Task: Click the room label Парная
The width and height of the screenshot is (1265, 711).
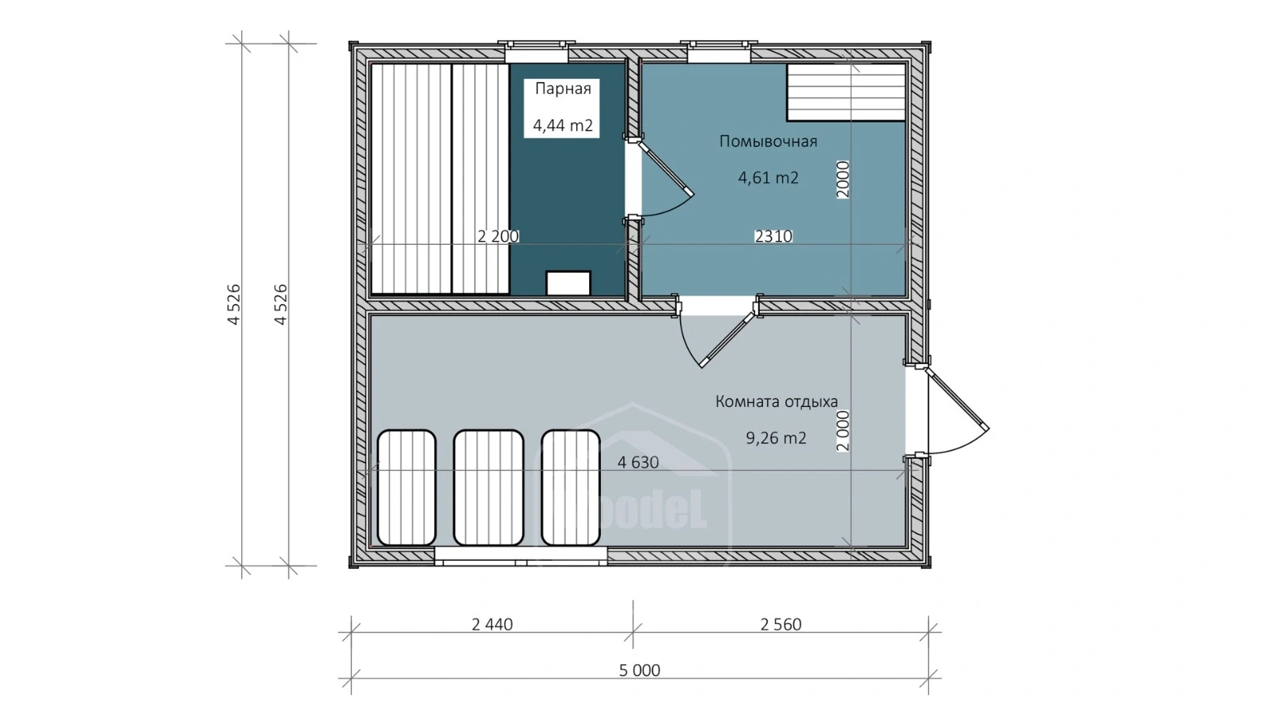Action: coord(562,88)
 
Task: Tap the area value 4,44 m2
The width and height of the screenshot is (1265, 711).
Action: coord(562,126)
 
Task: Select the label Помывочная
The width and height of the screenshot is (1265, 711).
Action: coord(768,141)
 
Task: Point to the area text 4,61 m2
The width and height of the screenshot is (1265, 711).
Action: coord(768,178)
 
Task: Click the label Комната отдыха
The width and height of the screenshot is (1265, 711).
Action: coord(776,402)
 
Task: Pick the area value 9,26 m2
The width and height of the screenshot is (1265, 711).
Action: coord(776,438)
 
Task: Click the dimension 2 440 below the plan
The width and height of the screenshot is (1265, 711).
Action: coord(492,625)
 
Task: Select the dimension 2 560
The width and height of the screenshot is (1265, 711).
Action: coord(780,625)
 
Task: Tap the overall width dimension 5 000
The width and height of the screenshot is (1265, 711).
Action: coord(640,671)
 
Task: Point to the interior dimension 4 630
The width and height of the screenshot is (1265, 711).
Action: coord(637,463)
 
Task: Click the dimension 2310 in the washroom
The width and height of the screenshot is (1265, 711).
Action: coord(774,236)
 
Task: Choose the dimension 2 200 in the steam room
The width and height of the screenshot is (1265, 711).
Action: coord(497,236)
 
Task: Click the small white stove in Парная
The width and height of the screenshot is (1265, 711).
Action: coord(568,284)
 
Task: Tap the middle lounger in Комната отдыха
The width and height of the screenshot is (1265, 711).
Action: coord(489,488)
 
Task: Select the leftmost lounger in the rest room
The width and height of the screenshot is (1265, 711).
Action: coord(406,488)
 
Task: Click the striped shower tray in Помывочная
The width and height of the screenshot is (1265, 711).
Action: coord(846,92)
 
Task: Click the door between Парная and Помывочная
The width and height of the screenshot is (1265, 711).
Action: coord(659,178)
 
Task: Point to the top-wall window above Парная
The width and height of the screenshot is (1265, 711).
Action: coord(537,52)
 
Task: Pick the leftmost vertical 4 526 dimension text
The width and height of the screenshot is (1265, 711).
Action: coord(234,305)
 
